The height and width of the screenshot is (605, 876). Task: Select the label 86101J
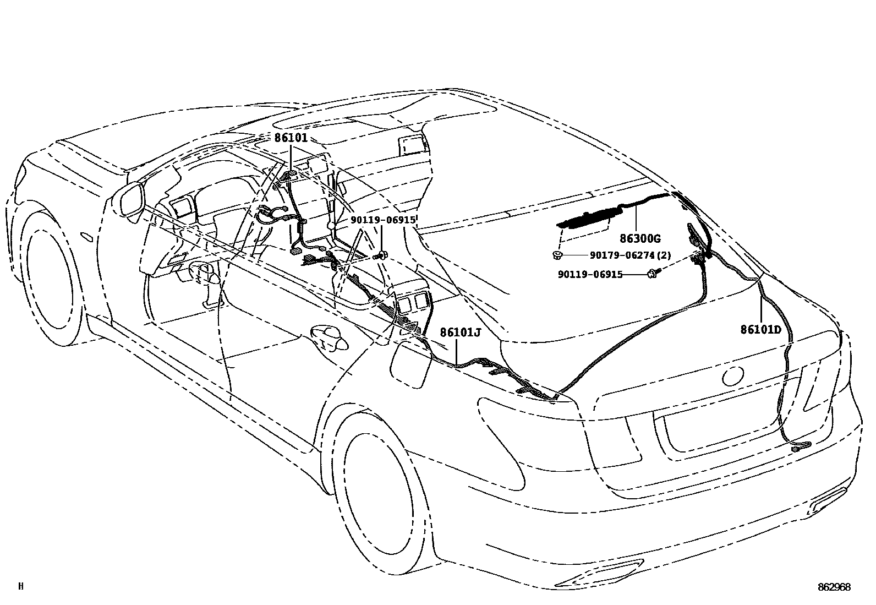(x=460, y=333)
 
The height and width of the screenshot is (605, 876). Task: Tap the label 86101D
(x=761, y=330)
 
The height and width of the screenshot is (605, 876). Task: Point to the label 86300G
(x=640, y=239)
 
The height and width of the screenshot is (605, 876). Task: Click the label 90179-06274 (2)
(x=630, y=256)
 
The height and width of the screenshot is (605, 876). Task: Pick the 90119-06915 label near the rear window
(x=590, y=274)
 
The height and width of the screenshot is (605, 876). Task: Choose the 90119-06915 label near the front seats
(x=383, y=220)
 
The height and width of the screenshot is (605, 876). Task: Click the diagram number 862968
(x=834, y=587)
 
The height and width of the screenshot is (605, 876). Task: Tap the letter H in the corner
(x=21, y=587)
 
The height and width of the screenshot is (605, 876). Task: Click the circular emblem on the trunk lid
(x=733, y=377)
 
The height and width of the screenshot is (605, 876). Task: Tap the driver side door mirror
(x=131, y=200)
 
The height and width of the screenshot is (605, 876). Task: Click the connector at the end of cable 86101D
(x=796, y=449)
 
